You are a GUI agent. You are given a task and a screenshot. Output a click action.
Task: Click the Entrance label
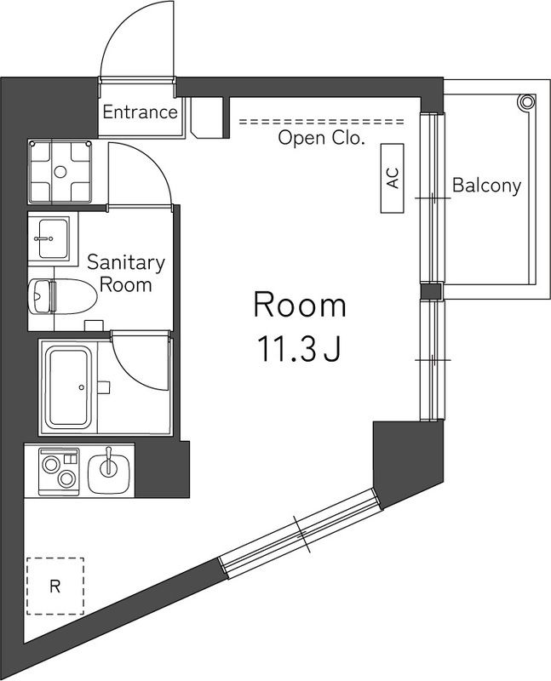click(140, 112)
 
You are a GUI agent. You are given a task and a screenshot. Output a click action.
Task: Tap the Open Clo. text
click(321, 138)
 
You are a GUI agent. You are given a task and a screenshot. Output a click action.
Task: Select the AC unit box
click(393, 178)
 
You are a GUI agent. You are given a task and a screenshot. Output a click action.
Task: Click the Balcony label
click(486, 186)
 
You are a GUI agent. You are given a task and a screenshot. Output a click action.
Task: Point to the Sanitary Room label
click(126, 273)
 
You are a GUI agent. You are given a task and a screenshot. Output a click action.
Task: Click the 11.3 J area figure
click(299, 350)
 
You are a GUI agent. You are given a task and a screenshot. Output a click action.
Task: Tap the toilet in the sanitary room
click(62, 296)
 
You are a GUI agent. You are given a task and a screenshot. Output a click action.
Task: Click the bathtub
click(70, 387)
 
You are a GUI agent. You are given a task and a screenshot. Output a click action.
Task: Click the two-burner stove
click(59, 472)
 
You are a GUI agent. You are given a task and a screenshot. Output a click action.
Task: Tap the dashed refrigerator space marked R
click(55, 586)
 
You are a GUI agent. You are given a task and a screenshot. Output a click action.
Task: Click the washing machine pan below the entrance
click(60, 172)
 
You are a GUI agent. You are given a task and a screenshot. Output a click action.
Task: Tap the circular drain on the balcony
click(526, 102)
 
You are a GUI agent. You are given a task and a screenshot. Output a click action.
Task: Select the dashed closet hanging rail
click(322, 122)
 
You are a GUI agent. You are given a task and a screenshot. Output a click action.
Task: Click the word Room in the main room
click(300, 306)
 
